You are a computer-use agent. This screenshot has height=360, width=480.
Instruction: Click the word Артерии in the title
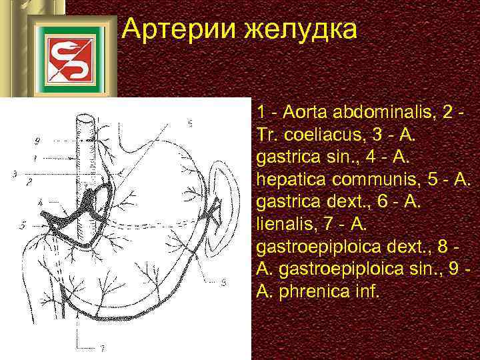coord(177,30)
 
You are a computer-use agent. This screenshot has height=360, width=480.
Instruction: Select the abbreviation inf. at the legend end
coord(365,293)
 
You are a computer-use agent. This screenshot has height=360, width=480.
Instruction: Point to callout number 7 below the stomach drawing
coord(102,347)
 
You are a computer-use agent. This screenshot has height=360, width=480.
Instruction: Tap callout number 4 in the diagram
coord(40,201)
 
